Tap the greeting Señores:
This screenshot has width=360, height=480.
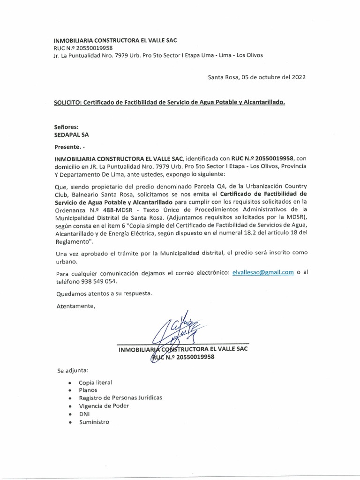[67, 126]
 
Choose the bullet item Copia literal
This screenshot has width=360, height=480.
[96, 382]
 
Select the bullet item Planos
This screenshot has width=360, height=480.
[89, 390]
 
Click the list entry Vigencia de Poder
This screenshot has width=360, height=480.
[104, 406]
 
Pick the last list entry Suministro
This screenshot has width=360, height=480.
[94, 422]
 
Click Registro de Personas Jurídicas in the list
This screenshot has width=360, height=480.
[120, 397]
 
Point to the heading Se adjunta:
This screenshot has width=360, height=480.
[73, 370]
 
